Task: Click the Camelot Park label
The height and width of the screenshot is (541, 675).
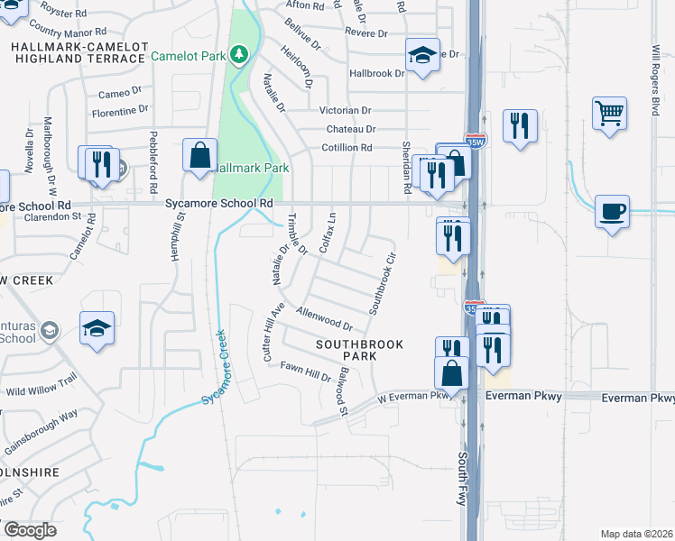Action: tap(188, 56)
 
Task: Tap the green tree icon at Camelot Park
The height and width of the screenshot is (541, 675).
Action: tap(239, 56)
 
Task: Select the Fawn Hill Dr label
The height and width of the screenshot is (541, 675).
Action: tap(305, 371)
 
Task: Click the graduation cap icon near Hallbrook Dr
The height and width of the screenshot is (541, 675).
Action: tap(422, 55)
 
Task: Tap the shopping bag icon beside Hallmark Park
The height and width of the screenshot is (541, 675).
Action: tap(199, 155)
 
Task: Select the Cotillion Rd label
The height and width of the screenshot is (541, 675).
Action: tap(347, 148)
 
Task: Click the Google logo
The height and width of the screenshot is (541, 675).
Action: tap(30, 530)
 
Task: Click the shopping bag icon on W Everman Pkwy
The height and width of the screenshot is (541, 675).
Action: tap(451, 371)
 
